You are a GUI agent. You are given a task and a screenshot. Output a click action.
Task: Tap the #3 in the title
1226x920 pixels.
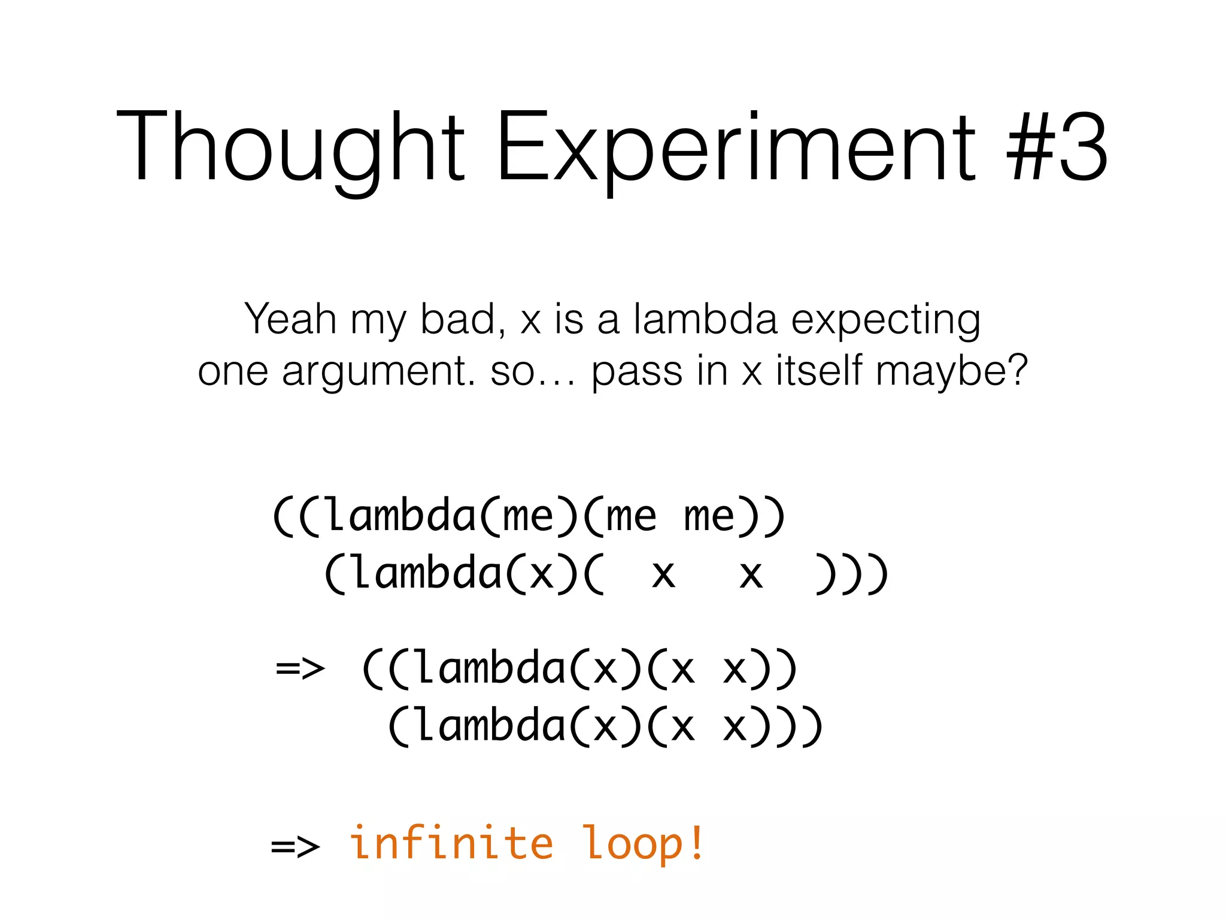point(1057,147)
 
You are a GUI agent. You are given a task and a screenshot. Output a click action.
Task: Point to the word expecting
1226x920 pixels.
point(886,320)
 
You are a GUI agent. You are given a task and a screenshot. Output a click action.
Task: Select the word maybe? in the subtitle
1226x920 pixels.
point(952,371)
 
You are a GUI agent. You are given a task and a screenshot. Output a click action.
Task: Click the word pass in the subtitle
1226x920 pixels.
point(636,371)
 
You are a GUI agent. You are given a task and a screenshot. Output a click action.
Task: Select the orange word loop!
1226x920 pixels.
point(644,843)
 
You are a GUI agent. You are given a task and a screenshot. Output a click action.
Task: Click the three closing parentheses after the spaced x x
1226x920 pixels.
point(851,574)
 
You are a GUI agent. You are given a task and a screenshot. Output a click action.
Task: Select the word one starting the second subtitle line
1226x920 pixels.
point(232,371)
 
